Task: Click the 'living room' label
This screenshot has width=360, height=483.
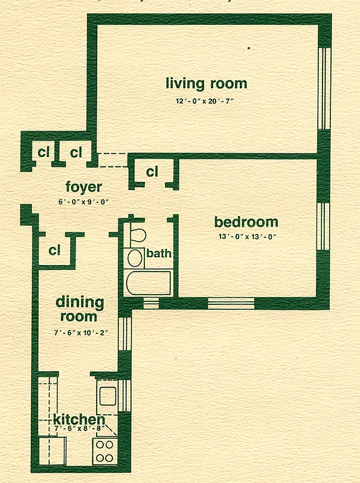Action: coord(207,83)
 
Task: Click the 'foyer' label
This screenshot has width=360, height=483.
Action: coord(83,187)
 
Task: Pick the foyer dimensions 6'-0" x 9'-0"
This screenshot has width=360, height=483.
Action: coord(83,202)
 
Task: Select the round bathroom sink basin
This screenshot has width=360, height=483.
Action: coord(135,258)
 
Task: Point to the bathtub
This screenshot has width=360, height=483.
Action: coord(148,282)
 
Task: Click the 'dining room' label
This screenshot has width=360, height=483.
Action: coord(80,309)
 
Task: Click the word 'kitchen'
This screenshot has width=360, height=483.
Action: coord(79,419)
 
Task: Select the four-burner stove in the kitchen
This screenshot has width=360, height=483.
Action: coord(104,450)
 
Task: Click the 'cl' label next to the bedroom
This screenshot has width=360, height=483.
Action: coord(152,172)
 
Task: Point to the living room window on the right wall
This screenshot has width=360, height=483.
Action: coord(325,88)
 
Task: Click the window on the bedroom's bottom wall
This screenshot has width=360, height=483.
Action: coord(231,302)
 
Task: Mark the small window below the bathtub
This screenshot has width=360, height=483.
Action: coord(150,301)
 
